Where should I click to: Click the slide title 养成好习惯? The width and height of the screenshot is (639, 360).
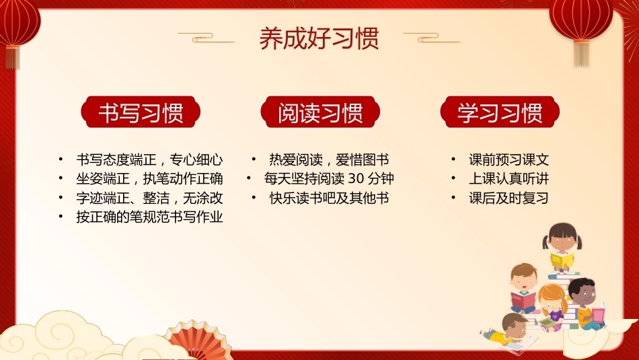coord(319,39)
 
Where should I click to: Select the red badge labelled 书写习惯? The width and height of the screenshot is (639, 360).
coord(141,112)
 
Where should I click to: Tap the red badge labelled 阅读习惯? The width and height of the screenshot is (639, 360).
coord(320,112)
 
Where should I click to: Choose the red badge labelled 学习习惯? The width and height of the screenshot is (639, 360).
coord(500,112)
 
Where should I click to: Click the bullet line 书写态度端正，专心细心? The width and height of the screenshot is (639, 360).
coord(149,159)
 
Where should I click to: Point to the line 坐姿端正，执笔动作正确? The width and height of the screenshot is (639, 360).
coord(149,178)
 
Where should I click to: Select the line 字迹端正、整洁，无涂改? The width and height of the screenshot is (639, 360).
coord(149,198)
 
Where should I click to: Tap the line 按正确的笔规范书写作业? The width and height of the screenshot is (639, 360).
coord(149,217)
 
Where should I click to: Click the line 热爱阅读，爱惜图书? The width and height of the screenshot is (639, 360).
coord(329,159)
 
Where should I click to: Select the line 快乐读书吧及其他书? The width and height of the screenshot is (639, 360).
coord(329,198)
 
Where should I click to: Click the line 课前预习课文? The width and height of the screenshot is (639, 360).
coord(509,159)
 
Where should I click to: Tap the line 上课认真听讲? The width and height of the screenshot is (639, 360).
coord(509,178)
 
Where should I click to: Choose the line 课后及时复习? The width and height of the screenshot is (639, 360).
coord(509,198)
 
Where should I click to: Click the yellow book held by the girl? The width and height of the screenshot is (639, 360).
coord(562,260)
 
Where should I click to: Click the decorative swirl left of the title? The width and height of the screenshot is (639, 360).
coord(206,38)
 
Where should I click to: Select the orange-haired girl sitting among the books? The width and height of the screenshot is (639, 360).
coord(552,305)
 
